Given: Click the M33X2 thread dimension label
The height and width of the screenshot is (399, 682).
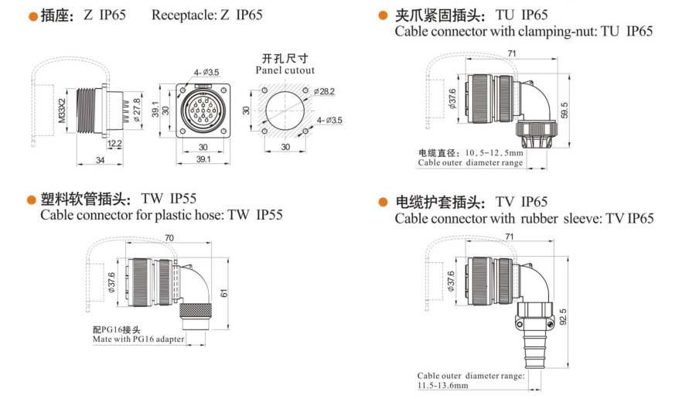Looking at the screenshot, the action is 62,111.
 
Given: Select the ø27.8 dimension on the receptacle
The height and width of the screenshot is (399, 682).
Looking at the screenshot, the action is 137,110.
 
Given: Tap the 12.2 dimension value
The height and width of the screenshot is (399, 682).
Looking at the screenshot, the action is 114,144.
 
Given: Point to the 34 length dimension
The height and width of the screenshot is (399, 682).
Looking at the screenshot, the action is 100,160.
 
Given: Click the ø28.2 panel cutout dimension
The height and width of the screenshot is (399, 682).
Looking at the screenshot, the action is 324,91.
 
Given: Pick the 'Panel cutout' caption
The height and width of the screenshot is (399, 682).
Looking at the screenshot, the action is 285,70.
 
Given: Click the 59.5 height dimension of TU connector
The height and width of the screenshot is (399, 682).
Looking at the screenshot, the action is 564,110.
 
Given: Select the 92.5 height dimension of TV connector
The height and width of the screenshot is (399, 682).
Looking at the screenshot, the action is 563,317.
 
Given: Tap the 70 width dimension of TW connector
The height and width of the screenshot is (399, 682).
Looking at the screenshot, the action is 169,238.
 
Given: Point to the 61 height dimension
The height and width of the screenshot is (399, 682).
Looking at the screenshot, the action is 224,293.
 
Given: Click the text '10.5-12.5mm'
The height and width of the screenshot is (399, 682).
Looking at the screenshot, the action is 494,153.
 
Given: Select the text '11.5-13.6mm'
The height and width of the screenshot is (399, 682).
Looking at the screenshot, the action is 443,386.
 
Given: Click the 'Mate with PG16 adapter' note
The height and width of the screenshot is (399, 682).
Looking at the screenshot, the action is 138,339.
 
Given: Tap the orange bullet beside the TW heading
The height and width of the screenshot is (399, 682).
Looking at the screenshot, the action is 31,200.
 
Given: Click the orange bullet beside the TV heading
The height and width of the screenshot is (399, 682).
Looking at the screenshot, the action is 383,203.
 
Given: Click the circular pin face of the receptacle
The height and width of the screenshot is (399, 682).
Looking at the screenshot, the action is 203,110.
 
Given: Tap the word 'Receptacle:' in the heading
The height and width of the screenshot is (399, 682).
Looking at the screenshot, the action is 183,15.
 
